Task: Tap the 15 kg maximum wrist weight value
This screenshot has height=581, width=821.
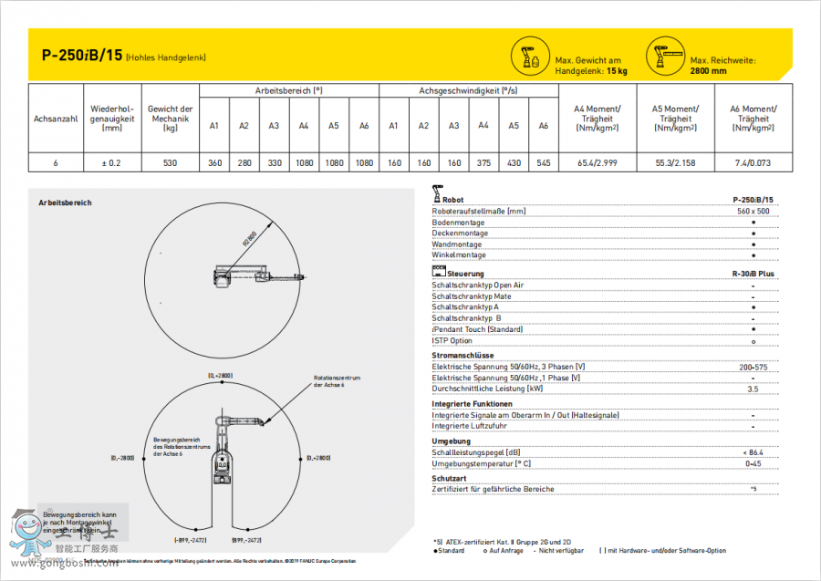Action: click(616, 70)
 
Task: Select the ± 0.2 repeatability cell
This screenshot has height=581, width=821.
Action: click(112, 162)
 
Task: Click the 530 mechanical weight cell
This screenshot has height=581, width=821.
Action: click(170, 162)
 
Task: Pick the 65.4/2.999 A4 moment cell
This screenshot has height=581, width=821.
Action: click(598, 162)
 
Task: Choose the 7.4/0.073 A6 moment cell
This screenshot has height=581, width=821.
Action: click(753, 162)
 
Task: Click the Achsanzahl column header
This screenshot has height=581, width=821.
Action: click(56, 119)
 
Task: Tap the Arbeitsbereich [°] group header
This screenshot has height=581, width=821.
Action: click(288, 91)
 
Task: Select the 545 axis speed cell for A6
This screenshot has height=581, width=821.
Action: click(544, 162)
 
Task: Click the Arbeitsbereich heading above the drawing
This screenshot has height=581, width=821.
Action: click(65, 202)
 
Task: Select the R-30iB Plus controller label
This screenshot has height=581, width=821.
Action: click(752, 274)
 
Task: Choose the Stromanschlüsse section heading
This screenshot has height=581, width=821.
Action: click(462, 355)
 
